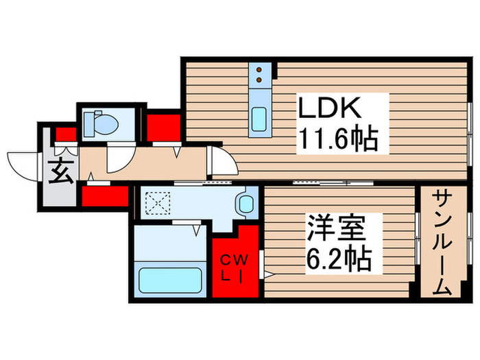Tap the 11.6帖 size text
(337, 141)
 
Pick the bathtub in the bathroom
(170, 280)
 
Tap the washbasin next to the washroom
(245, 203)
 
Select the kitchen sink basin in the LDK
(260, 121)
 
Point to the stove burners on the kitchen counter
(261, 74)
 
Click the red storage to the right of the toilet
(164, 126)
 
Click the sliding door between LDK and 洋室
(333, 183)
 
